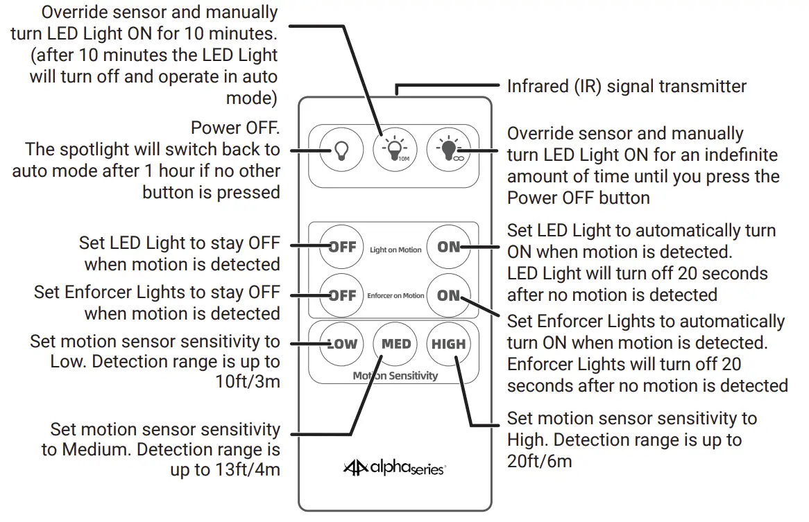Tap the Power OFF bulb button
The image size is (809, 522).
coord(341,150)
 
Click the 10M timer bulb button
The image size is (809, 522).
coord(395,150)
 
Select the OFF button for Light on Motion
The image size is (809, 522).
coord(341,247)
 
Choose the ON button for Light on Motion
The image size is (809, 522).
coord(448,247)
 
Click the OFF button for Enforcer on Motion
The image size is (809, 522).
coord(341,295)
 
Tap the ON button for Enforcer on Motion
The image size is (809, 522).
coord(448,295)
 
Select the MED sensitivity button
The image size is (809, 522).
coord(395,344)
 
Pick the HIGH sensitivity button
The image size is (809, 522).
coord(448,344)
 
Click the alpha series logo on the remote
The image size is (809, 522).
coord(394,469)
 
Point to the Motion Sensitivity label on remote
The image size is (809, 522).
coord(395,376)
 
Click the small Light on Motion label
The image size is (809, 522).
coord(395,250)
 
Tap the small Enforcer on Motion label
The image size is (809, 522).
coord(395,296)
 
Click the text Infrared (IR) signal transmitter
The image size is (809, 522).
coord(627,87)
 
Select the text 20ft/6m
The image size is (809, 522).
coord(540,460)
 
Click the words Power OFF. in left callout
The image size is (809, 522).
coord(235,129)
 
